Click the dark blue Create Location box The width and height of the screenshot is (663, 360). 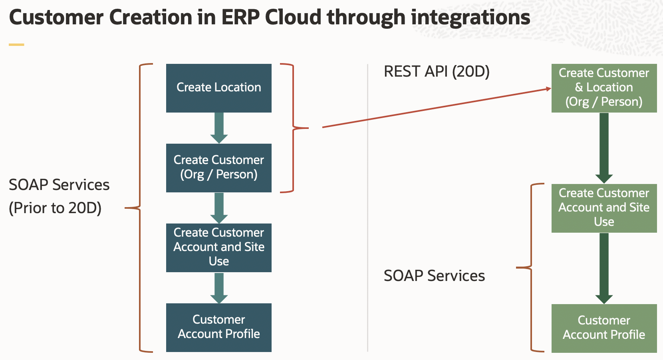[219, 88]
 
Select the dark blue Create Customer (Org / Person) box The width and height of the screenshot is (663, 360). [219, 168]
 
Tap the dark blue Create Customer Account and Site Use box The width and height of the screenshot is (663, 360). [219, 247]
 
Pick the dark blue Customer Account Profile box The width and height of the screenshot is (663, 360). [219, 327]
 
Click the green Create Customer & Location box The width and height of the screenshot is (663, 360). [604, 88]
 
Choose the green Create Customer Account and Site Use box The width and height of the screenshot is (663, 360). [604, 208]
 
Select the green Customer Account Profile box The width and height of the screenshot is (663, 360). [604, 328]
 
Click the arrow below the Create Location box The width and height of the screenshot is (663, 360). [219, 128]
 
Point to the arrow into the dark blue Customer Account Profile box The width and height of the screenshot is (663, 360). [219, 288]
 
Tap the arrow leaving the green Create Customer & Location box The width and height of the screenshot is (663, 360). [604, 148]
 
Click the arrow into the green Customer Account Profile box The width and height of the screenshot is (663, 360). [604, 268]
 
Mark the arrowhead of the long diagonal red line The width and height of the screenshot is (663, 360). [549, 89]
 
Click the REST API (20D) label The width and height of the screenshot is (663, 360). [437, 72]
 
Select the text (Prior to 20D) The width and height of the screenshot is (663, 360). [55, 208]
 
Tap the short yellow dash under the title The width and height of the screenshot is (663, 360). [16, 45]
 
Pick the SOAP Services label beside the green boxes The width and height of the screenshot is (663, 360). [434, 276]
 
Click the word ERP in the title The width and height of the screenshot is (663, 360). [240, 18]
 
